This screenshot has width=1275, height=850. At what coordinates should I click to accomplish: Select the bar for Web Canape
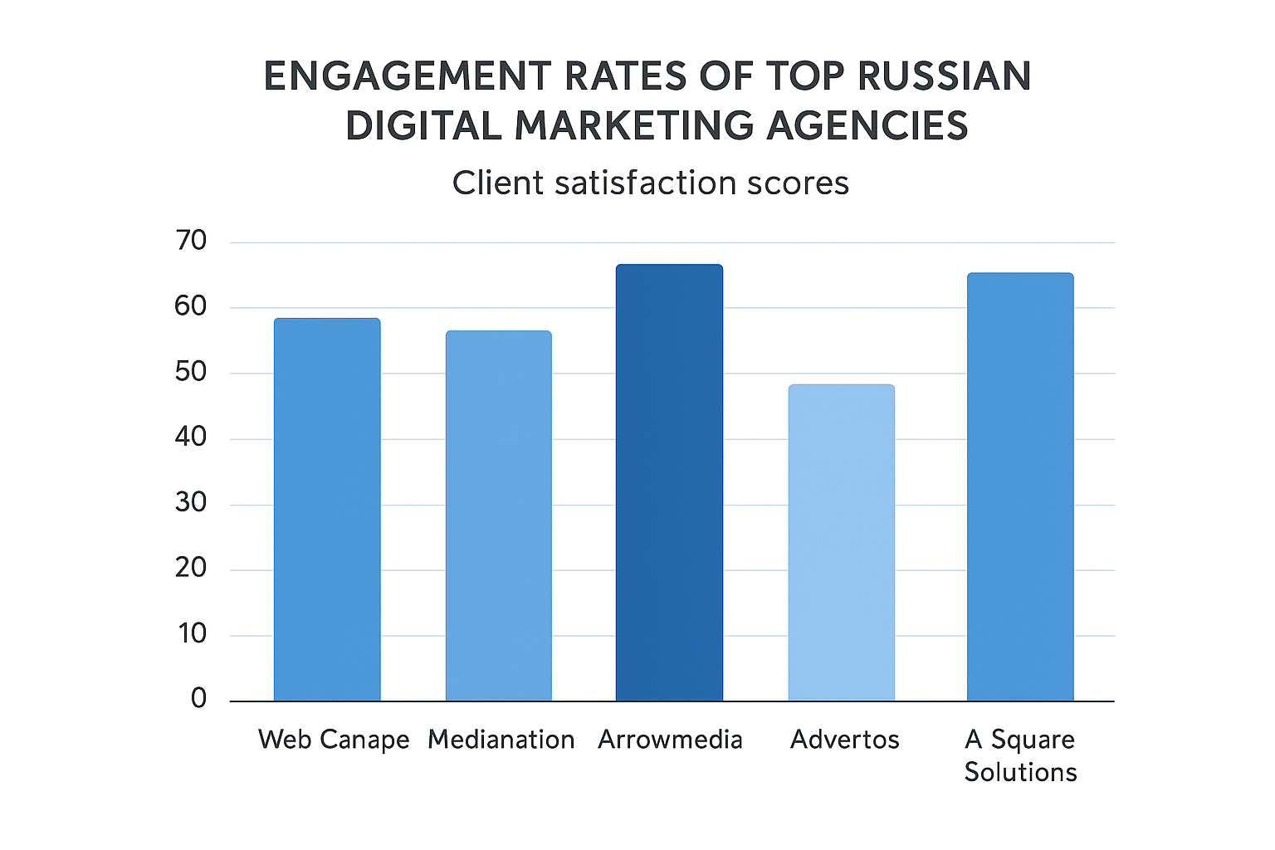click(327, 510)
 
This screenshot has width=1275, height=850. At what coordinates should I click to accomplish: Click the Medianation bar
click(498, 516)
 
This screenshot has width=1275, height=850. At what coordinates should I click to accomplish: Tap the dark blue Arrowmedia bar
click(669, 483)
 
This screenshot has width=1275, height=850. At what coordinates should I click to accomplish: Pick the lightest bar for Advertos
click(841, 543)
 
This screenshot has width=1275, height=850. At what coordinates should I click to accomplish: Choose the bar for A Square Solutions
click(1020, 487)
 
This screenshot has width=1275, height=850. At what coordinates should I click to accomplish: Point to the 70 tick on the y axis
click(191, 242)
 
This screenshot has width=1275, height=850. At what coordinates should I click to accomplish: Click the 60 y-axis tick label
click(191, 306)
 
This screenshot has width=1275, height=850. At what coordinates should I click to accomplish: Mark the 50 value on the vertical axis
click(191, 372)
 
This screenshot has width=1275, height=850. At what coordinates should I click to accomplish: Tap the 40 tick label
click(191, 437)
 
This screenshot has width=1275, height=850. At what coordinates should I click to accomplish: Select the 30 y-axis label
click(191, 503)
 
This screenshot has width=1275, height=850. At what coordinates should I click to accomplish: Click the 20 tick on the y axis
click(191, 569)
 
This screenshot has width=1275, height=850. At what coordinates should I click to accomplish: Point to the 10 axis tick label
click(191, 634)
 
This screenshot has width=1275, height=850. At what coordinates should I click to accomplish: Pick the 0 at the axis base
click(198, 699)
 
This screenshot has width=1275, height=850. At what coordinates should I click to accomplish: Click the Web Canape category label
click(334, 740)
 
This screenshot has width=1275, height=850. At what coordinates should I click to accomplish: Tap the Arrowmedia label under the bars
click(670, 740)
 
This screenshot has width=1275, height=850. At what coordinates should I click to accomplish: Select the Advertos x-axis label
click(844, 740)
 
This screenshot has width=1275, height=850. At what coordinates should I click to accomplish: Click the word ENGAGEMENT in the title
click(406, 77)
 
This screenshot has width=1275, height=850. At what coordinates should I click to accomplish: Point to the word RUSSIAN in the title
click(944, 77)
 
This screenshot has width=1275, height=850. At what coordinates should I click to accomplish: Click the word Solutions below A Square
click(1020, 773)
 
